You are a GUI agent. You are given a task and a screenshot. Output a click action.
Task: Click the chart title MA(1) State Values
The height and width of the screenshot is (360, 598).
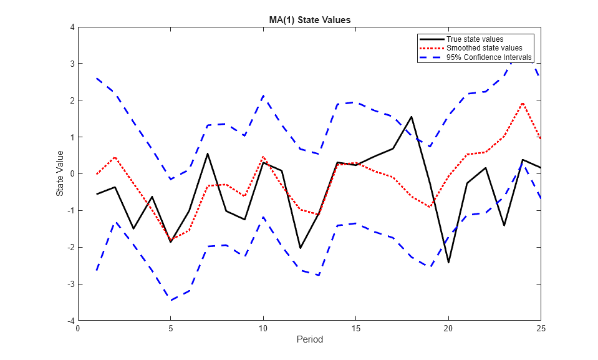306,20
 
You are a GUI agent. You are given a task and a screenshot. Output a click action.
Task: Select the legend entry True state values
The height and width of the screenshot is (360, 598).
475,39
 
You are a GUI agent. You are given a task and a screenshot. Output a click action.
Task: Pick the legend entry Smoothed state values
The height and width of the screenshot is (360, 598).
484,48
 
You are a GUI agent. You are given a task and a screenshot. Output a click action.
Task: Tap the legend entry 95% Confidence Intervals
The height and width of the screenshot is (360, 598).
489,57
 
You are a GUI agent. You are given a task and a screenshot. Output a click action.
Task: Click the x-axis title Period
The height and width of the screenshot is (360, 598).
309,340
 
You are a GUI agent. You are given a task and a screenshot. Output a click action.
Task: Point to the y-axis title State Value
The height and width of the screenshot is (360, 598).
60,173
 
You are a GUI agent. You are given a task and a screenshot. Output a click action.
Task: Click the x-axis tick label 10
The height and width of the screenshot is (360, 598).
263,327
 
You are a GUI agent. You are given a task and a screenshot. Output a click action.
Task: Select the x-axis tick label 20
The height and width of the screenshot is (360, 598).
448,327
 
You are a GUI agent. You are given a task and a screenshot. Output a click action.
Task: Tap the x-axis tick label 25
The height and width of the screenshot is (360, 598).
541,327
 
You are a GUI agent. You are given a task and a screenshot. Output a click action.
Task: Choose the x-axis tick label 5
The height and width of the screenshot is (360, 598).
171,327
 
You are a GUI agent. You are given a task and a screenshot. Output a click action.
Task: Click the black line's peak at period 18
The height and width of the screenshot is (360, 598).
412,117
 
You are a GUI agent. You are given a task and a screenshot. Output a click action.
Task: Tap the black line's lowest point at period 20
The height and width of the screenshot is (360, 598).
448,262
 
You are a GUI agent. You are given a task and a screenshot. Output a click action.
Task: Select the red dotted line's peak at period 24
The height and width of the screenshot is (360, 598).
523,103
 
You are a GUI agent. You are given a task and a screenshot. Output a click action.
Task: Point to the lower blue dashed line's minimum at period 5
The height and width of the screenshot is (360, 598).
171,300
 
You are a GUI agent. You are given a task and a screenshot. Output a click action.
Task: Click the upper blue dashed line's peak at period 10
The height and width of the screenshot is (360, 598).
263,96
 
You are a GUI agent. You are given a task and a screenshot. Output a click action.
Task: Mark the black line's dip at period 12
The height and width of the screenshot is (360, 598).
301,248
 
